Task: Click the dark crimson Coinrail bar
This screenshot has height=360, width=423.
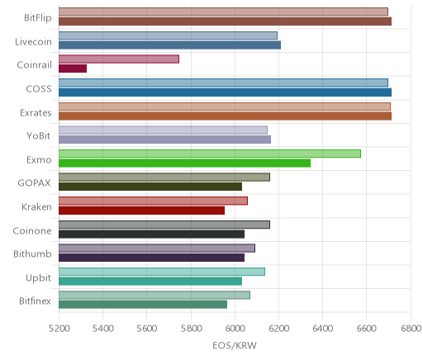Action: tap(73, 69)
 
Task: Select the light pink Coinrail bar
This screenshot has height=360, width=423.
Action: tap(119, 59)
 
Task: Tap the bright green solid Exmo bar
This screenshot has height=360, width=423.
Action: tap(185, 163)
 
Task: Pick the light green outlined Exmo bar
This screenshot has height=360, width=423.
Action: tap(210, 154)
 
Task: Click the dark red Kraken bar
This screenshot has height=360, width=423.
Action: tap(142, 211)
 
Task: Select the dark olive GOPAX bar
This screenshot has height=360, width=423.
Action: tap(150, 187)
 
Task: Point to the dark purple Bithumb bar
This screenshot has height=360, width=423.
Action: tap(152, 258)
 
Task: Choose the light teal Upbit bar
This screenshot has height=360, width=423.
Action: tap(162, 272)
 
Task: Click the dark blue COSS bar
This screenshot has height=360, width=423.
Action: tap(226, 92)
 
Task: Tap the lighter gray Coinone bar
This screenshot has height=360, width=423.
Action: tap(164, 225)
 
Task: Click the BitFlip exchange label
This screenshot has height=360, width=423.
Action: tap(38, 17)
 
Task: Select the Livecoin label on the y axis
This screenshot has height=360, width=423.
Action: tap(33, 41)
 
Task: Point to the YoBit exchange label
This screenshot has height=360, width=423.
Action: tap(39, 135)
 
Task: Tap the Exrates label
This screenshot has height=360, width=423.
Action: tap(36, 112)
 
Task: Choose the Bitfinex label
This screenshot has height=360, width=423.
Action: tap(35, 301)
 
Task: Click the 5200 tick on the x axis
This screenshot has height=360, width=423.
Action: tap(59, 329)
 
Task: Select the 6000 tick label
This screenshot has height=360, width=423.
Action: tap(235, 329)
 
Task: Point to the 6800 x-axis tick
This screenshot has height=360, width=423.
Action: tap(411, 329)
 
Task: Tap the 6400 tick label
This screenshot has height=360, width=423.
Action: tap(323, 329)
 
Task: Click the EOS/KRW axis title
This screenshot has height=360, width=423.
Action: tap(235, 345)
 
